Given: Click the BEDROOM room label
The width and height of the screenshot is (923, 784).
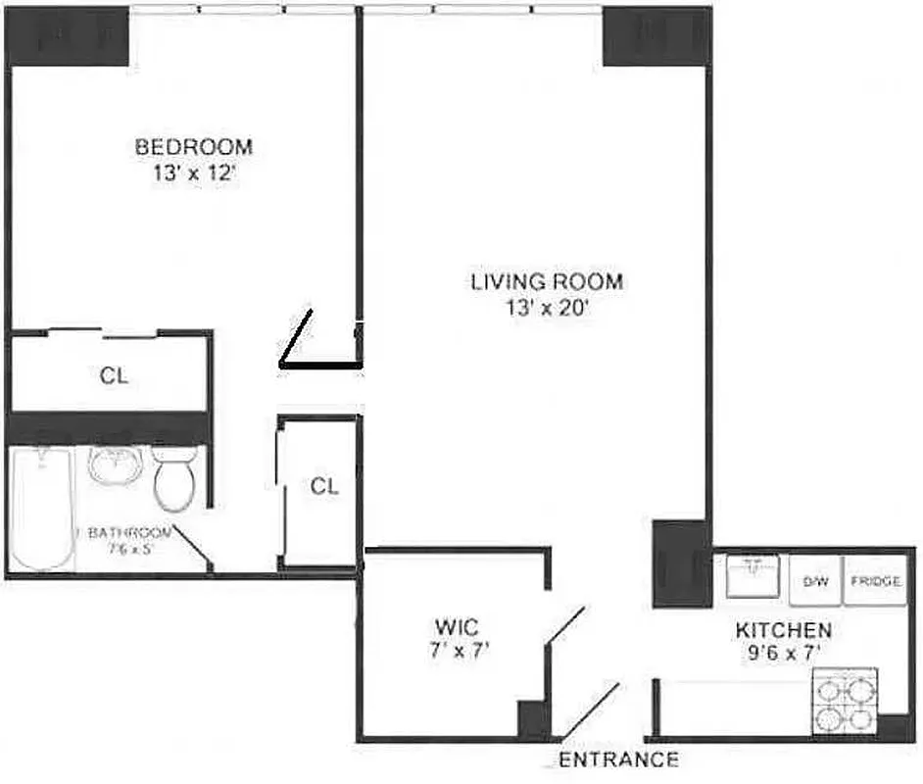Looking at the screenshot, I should tap(193, 147).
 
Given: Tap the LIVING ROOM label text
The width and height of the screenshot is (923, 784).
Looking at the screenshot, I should tap(546, 282).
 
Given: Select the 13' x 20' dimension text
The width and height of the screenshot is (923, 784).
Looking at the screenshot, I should tap(546, 307).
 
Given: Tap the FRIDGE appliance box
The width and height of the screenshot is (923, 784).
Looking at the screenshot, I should tap(874, 582).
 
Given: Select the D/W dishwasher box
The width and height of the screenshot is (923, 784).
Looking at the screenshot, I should tap(815, 582).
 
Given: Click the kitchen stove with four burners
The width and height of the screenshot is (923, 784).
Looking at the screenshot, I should tap(844, 701).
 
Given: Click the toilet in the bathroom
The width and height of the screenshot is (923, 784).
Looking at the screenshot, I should tap(175, 481).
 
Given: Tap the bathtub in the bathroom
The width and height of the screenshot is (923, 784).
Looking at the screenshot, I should tap(43, 508).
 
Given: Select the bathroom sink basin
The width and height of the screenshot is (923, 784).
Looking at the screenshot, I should tap(116, 465).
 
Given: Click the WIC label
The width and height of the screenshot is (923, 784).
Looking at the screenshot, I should tap(457, 626).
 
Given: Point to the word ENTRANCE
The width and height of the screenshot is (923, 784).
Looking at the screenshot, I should tap(619, 759).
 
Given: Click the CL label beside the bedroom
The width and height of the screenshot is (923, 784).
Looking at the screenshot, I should tap(114, 374).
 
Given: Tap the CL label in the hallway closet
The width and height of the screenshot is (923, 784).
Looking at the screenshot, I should tap(324, 486).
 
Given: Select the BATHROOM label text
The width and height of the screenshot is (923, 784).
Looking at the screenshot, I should tap(129, 533).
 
